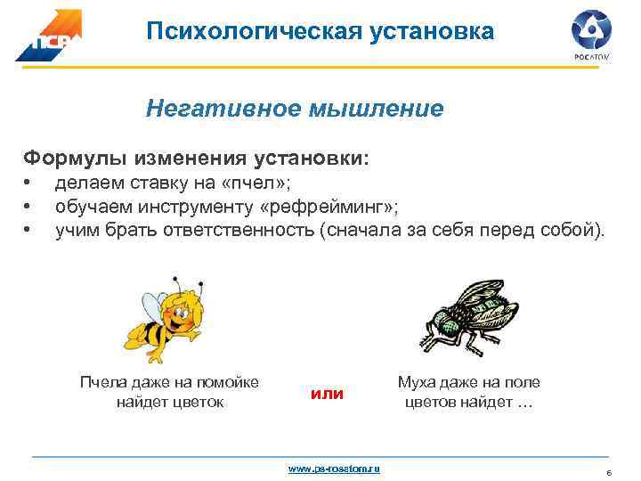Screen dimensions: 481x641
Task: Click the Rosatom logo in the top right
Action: (x=592, y=34)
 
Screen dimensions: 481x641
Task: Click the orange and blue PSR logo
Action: (x=49, y=36)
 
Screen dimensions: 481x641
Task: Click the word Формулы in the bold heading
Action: (x=75, y=159)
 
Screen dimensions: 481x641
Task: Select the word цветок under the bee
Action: (x=200, y=402)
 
